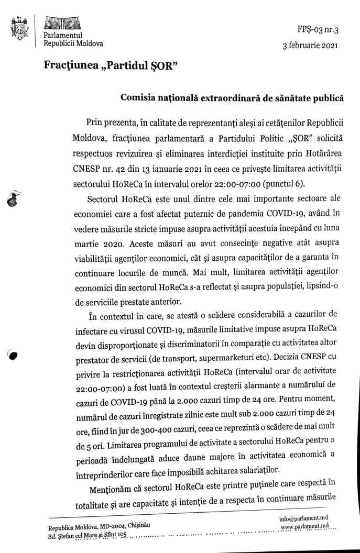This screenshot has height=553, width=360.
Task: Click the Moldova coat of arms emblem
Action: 20,29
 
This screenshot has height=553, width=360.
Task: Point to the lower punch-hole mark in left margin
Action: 13,355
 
